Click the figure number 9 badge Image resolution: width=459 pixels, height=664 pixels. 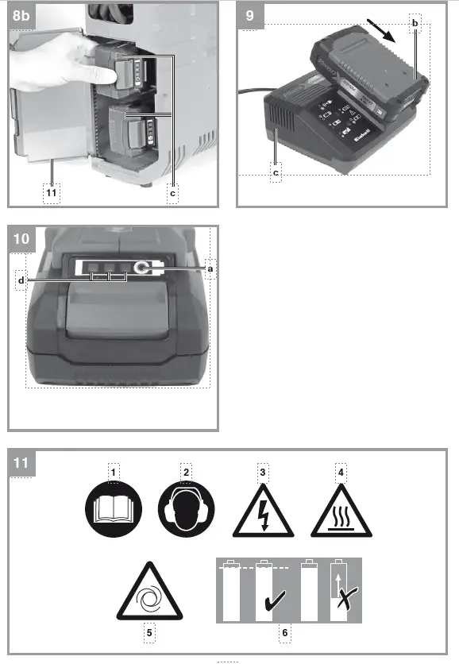tap(249, 14)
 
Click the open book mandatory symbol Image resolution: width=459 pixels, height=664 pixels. tap(114, 512)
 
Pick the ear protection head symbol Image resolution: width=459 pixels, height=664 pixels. tap(186, 512)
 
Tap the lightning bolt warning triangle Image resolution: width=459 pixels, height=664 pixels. tap(263, 515)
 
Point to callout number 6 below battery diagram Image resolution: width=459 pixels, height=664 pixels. tap(285, 634)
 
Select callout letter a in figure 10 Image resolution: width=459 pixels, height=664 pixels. tap(210, 269)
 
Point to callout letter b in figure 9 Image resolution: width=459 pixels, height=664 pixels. tap(415, 24)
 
